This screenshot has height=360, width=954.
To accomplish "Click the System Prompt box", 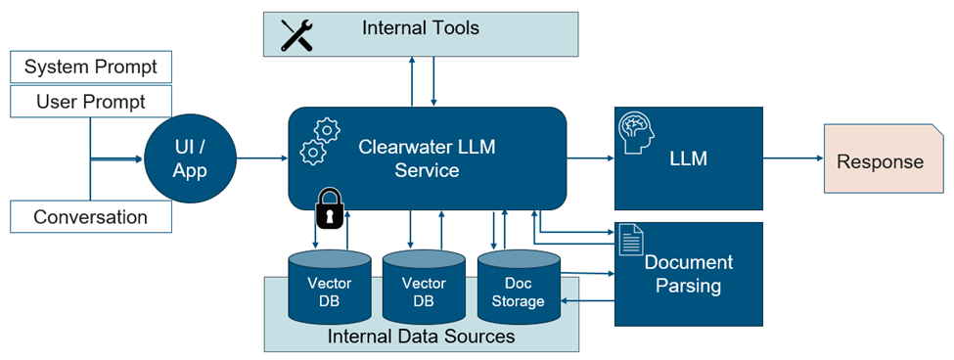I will click(90, 67).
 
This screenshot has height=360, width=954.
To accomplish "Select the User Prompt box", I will click(90, 102).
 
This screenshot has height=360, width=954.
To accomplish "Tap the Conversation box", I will click(90, 216).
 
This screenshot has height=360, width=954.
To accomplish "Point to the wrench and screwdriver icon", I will click(296, 34).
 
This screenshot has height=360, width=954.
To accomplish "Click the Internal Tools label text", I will click(421, 28).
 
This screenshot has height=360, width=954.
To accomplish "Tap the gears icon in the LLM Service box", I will click(319, 141).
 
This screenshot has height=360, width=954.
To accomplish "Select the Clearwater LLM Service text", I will click(427, 157).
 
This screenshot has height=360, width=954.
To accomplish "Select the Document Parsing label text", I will click(688, 274).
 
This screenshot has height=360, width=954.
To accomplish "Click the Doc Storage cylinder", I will click(518, 290).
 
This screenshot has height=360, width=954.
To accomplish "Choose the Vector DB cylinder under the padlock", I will click(330, 290).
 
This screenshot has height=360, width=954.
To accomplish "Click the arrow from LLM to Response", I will click(793, 157).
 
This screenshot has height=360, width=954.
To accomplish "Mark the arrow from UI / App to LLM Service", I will click(259, 157).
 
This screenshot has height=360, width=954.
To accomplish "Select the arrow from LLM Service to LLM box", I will click(590, 157).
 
